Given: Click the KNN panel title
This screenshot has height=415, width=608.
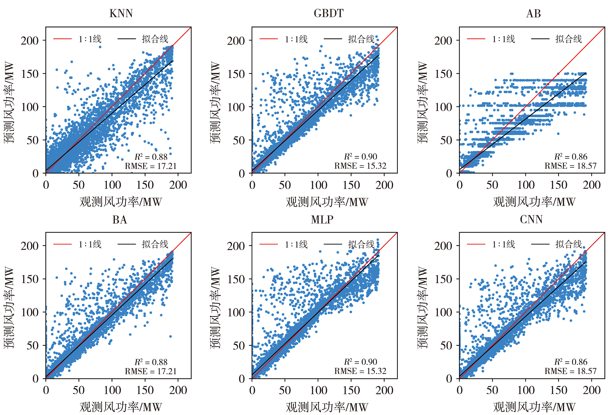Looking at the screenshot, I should coord(121,13).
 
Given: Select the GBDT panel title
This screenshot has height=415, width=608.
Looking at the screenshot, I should coord(329,13).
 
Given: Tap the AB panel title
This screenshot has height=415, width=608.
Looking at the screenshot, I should coord(534,13).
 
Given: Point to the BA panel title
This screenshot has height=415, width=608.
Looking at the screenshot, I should coord(120,220).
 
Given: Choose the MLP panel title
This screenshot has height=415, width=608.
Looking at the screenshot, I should coord(322,220).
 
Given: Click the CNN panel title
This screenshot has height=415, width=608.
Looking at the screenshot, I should coord(531,220).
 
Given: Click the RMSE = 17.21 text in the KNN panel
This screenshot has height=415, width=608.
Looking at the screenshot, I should coord(150,166).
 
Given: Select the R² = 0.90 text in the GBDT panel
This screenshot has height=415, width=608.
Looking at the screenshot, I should coord(361,157).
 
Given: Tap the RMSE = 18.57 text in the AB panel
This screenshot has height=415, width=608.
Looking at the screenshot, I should coord(571,166).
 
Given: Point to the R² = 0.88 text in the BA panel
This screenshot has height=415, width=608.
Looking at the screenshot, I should coord(151,362).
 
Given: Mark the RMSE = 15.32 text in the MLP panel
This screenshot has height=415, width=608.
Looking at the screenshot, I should coord(360,371).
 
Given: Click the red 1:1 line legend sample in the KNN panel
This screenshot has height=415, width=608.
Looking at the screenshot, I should coord(62,39).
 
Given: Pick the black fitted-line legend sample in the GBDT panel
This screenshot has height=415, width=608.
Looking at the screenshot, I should coord(333,39).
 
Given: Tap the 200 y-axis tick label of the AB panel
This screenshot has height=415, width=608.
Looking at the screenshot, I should coord(443,40).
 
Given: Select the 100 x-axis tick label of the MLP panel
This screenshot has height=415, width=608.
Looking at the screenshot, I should coord(318,390).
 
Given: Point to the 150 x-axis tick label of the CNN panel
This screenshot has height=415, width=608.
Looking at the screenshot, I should coord(559,390).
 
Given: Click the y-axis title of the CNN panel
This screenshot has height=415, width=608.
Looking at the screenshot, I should coord(423,308).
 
